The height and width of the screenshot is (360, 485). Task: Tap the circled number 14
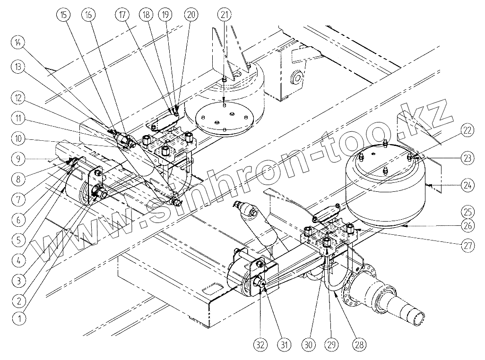pos(18,43)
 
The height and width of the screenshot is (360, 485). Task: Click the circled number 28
pos(360,345)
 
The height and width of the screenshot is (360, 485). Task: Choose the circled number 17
pos(121,14)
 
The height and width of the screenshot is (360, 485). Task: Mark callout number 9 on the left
pos(18,159)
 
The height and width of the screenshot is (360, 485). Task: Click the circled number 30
pos(309,345)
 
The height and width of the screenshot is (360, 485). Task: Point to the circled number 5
pos(18,239)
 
